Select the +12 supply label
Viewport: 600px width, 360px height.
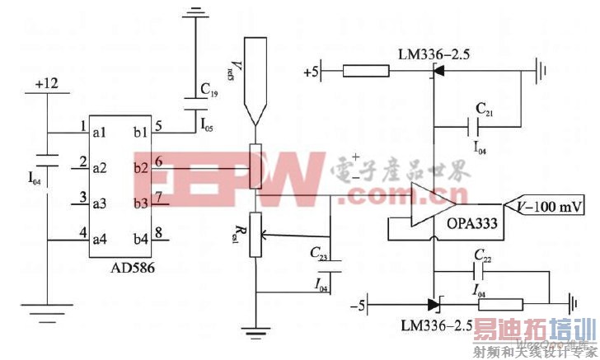[x=47, y=85]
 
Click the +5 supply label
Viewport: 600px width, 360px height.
[x=310, y=72]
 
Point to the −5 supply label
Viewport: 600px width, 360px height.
[x=355, y=306]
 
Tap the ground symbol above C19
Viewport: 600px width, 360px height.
[x=195, y=12]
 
